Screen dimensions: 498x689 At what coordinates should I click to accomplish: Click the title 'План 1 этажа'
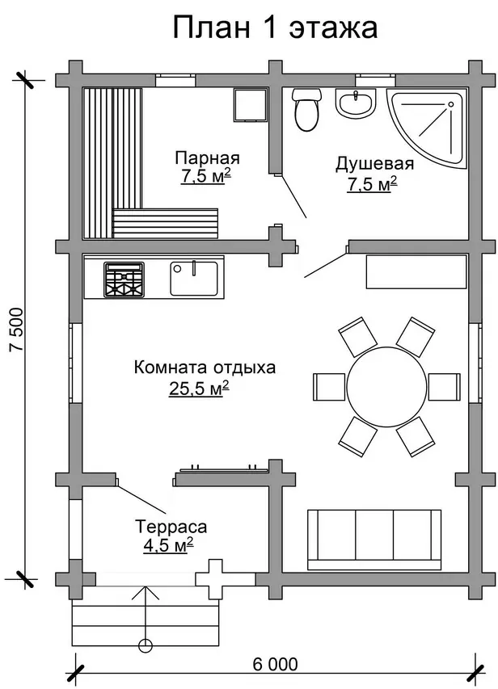pyautogui.click(x=275, y=27)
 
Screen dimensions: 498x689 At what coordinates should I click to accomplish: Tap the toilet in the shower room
pyautogui.click(x=306, y=109)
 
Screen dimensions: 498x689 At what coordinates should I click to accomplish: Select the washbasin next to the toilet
pyautogui.click(x=356, y=103)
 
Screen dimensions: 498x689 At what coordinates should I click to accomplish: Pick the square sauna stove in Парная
pyautogui.click(x=251, y=104)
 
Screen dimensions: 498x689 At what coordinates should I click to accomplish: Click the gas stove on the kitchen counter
pyautogui.click(x=124, y=279)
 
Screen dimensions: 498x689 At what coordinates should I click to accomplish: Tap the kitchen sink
pyautogui.click(x=194, y=279)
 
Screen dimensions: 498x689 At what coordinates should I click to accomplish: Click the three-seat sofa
pyautogui.click(x=374, y=540)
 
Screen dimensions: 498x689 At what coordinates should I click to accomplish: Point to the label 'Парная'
pyautogui.click(x=207, y=158)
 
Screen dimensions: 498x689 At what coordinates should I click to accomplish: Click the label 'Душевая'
pyautogui.click(x=374, y=163)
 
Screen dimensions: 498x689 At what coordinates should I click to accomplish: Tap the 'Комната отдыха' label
pyautogui.click(x=205, y=368)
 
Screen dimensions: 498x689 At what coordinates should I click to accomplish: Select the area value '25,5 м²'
pyautogui.click(x=198, y=389)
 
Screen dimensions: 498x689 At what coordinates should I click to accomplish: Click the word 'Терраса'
pyautogui.click(x=171, y=527)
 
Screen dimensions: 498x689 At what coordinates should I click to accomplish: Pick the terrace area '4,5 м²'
pyautogui.click(x=168, y=545)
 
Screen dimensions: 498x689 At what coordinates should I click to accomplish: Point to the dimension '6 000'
pyautogui.click(x=276, y=664)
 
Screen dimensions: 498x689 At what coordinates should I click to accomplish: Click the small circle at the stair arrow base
pyautogui.click(x=145, y=645)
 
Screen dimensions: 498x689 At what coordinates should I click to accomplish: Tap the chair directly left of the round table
pyautogui.click(x=328, y=387)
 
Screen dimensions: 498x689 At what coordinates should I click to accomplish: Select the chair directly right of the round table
pyautogui.click(x=445, y=387)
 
